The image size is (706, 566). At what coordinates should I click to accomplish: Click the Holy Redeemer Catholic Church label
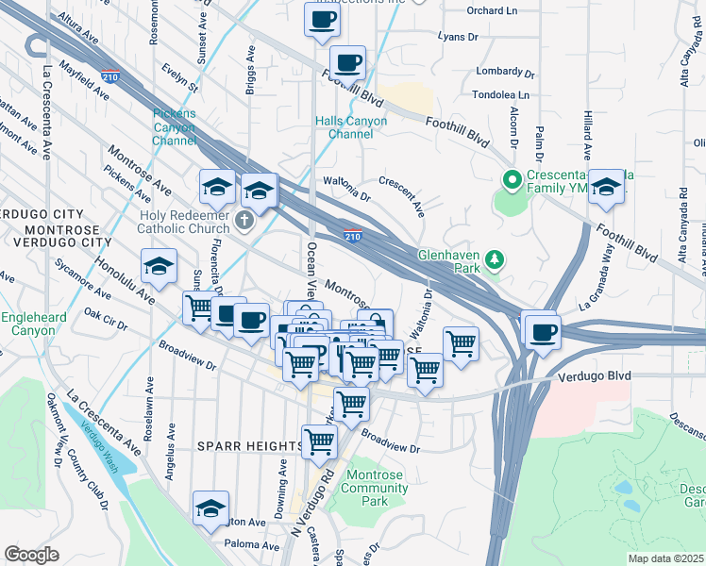coord(185,221)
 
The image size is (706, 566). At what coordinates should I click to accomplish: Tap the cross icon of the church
coord(245,222)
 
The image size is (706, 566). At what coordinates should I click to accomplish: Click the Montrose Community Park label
coord(375,488)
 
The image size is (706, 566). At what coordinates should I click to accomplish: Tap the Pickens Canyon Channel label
coord(175,127)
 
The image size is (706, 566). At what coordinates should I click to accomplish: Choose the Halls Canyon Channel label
coord(351,127)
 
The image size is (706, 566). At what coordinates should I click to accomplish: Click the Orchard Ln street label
coord(493,12)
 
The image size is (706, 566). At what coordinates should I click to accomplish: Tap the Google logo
coord(31,555)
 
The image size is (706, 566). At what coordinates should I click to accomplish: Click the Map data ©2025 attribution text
coord(666,558)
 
